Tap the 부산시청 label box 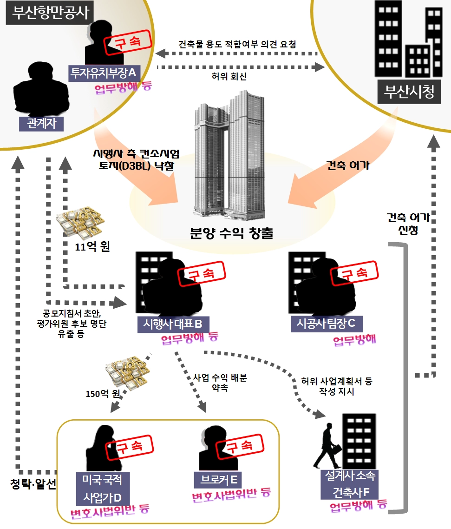(x=409, y=93)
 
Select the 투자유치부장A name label (x=103, y=73)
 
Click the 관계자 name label (x=41, y=124)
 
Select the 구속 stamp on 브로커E (x=241, y=447)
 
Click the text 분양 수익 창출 (x=231, y=233)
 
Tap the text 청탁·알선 (x=33, y=484)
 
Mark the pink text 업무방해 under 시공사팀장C (x=354, y=340)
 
